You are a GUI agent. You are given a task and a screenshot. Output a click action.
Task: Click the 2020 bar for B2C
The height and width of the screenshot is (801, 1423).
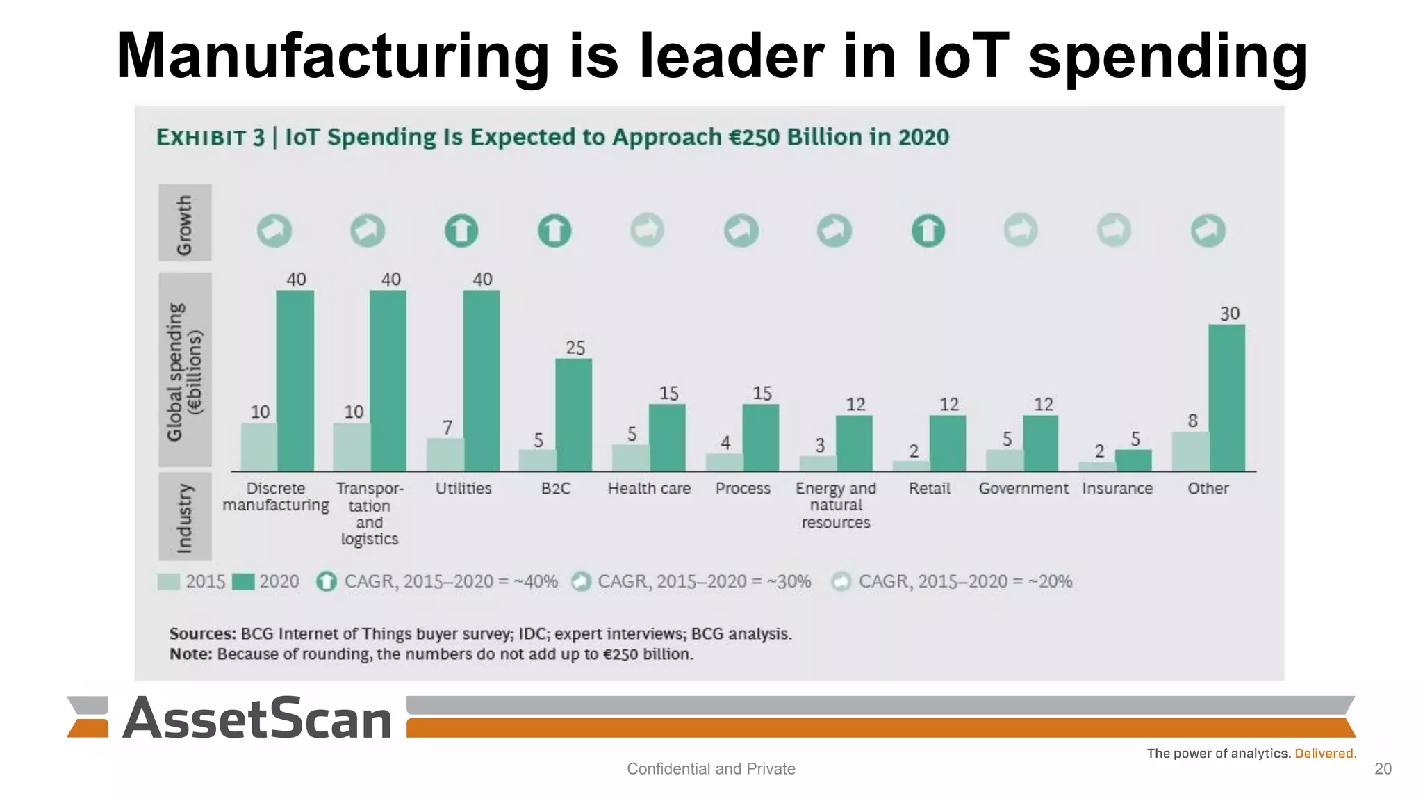(x=573, y=415)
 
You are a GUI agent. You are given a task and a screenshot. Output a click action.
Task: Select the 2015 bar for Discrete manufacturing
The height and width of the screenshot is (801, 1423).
(x=258, y=447)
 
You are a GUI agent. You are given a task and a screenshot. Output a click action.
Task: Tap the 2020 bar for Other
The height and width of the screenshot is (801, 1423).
(x=1226, y=398)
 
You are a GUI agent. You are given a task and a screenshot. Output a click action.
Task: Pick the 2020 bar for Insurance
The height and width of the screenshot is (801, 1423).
(x=1133, y=460)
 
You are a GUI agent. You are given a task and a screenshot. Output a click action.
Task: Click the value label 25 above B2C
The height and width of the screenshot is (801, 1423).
(x=575, y=348)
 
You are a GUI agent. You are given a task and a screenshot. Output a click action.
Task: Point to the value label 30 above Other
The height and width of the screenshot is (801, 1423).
(x=1229, y=314)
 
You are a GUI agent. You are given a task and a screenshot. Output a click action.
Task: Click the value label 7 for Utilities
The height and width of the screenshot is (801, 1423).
(x=447, y=427)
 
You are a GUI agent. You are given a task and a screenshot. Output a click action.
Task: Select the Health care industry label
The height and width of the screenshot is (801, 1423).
(x=649, y=489)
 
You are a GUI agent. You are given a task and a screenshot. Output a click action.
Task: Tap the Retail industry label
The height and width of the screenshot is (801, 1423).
(x=929, y=489)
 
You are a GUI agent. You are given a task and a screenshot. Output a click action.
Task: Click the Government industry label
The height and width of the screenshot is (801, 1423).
(x=1023, y=489)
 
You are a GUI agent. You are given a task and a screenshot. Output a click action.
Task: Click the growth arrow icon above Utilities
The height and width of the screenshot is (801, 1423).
(x=461, y=231)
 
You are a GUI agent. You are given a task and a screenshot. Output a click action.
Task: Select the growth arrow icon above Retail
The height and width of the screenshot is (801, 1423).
(x=928, y=231)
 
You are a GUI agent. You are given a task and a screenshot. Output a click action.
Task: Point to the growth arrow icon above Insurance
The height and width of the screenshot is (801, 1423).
(x=1114, y=230)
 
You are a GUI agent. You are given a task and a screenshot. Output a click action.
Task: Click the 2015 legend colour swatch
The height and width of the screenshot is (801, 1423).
(x=169, y=581)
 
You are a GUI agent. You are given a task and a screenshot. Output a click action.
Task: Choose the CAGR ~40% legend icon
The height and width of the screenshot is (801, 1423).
(x=327, y=581)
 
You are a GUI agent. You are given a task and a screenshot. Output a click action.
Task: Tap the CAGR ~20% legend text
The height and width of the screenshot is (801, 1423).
(x=965, y=581)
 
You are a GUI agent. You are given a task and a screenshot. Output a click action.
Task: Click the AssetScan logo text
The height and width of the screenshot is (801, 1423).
(x=257, y=719)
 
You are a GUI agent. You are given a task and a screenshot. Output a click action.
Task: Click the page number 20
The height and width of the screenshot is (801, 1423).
(x=1383, y=768)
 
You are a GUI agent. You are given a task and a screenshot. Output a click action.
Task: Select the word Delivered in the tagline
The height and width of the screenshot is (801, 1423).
(x=1325, y=754)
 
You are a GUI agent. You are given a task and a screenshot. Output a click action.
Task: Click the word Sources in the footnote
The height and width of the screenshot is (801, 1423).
(x=202, y=634)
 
